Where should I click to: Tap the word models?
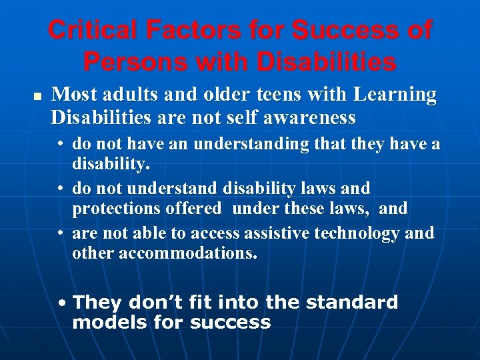click(105, 323)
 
